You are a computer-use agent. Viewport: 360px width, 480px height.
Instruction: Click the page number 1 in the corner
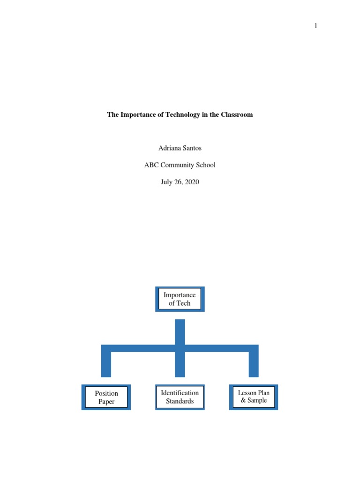[316, 26]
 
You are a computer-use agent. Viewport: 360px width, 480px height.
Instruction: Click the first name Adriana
[170, 148]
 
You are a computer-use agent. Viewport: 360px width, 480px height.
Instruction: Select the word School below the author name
[206, 165]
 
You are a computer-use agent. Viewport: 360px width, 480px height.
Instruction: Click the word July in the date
[167, 182]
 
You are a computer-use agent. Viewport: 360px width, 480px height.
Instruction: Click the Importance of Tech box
[180, 299]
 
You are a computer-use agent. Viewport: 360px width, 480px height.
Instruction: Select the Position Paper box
[106, 397]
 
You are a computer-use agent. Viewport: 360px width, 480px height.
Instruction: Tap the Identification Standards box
[180, 397]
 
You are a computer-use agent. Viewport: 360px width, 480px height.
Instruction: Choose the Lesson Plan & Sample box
[254, 397]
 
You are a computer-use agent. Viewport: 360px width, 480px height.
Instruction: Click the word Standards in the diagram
[180, 401]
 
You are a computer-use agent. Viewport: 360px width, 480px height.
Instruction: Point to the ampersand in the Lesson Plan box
[243, 401]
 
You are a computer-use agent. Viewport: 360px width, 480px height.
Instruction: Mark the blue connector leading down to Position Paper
[106, 363]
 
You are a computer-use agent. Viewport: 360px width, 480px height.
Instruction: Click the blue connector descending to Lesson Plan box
[254, 363]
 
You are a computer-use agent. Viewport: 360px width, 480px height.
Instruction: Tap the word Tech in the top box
[183, 303]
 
